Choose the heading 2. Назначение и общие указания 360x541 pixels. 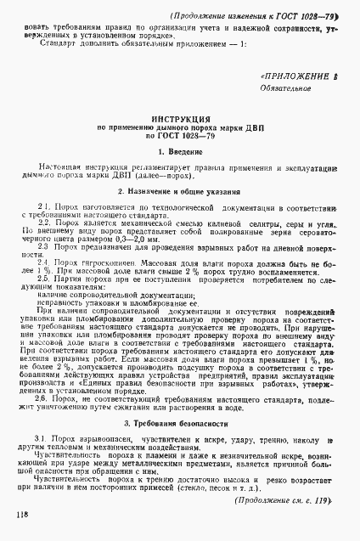179,192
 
